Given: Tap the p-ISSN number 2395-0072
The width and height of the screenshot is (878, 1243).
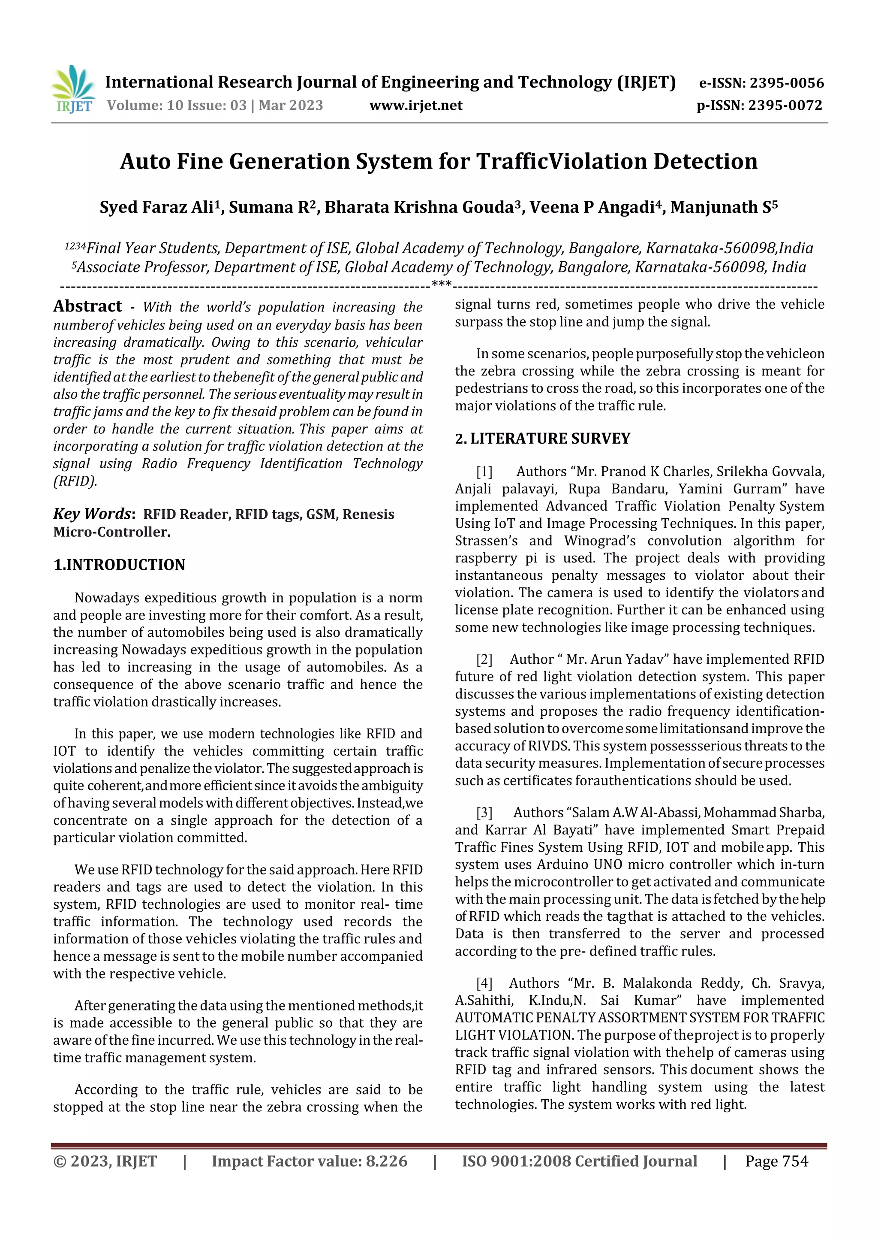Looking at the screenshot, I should tap(785, 106).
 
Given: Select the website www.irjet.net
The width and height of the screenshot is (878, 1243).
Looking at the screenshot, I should tap(415, 106).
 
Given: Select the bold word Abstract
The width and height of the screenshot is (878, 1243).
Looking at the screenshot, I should tap(87, 306).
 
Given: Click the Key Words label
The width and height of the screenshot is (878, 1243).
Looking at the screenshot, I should tap(93, 514).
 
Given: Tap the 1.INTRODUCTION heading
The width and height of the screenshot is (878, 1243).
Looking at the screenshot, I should tap(119, 565).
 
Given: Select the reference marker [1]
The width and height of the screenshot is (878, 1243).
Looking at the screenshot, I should tap(484, 472).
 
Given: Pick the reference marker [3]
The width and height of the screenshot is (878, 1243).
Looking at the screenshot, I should tap(484, 813).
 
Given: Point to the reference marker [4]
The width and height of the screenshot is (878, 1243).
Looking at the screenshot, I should tap(484, 983).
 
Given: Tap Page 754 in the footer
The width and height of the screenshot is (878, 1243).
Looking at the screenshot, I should tap(776, 1161).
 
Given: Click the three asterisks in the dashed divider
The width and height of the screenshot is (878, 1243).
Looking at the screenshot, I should tap(442, 284).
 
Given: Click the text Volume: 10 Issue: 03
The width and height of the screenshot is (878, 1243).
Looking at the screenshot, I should tap(176, 106).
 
